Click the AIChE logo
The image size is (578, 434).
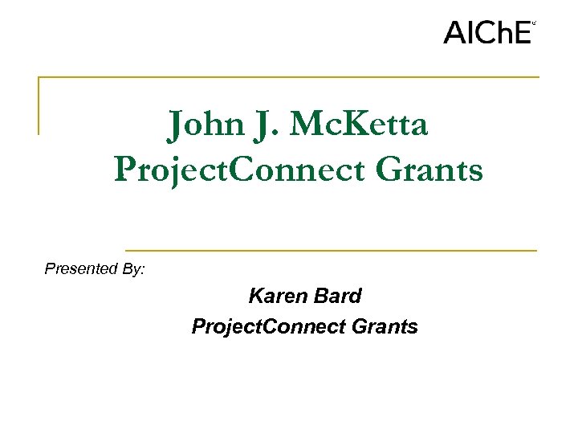pos(487,32)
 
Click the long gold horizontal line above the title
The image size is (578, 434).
pos(289,77)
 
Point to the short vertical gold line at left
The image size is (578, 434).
pos(39,105)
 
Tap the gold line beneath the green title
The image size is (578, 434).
pos(331,251)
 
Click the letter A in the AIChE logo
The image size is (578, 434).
pos(454,32)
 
